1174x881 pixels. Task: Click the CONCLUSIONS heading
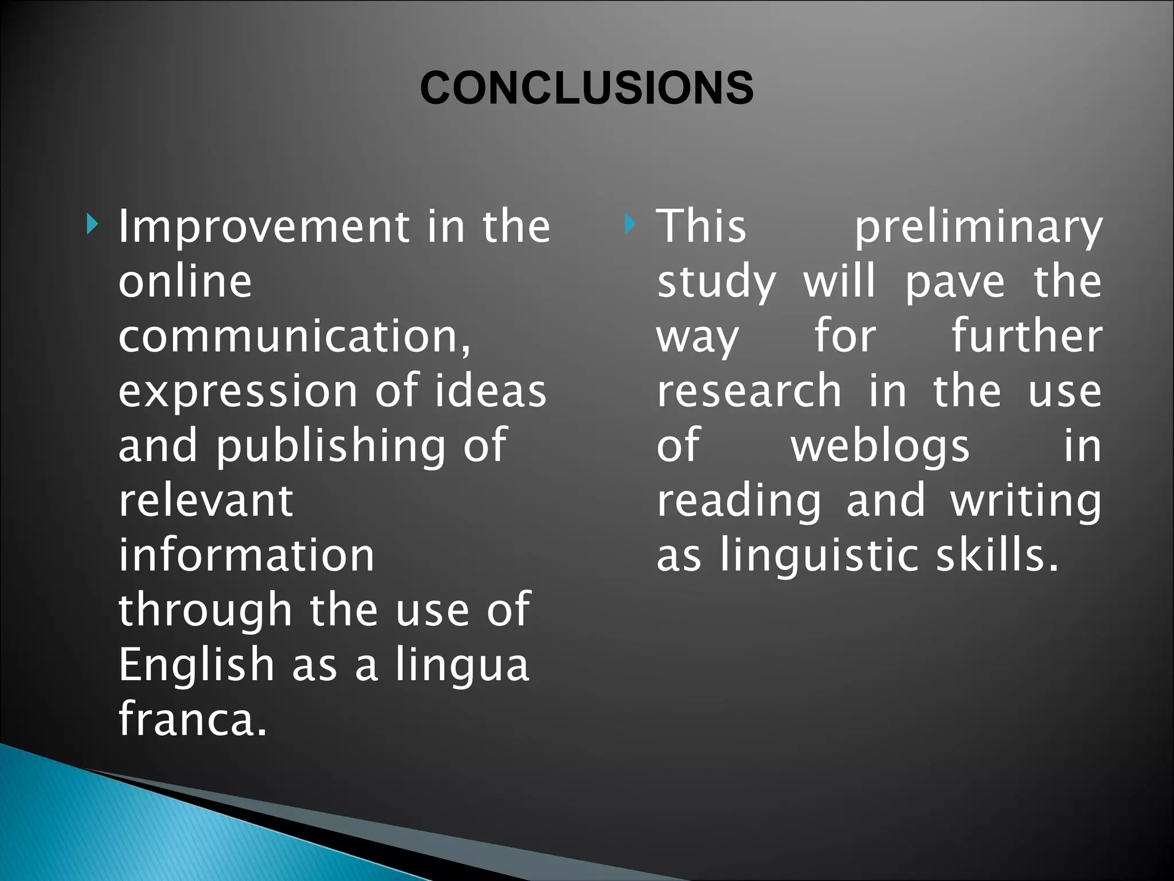click(x=586, y=88)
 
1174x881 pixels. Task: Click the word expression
click(x=238, y=391)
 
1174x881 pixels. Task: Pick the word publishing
click(x=331, y=446)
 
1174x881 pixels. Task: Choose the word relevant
click(x=206, y=501)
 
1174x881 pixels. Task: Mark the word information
click(x=246, y=555)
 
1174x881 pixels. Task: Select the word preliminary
click(x=978, y=228)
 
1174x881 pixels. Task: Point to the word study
click(x=717, y=283)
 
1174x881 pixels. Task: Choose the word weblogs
click(x=880, y=447)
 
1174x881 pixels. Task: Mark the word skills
click(x=996, y=555)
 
